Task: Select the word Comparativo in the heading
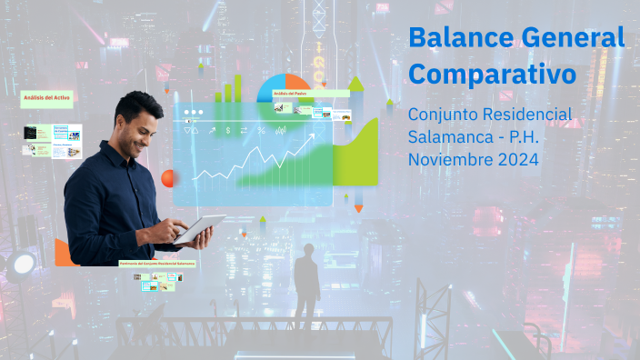(492, 74)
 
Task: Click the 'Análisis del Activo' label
(46, 96)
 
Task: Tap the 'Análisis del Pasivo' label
(290, 94)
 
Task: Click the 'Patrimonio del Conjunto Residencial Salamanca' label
(157, 263)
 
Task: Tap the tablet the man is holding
(200, 228)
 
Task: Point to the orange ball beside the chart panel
(167, 178)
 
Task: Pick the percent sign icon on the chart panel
(261, 131)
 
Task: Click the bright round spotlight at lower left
(22, 264)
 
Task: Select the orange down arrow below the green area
(359, 208)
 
